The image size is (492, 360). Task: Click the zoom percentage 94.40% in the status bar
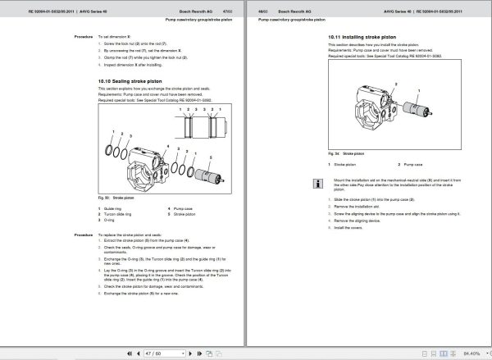(471, 353)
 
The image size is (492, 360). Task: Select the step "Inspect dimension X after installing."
(135, 66)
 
